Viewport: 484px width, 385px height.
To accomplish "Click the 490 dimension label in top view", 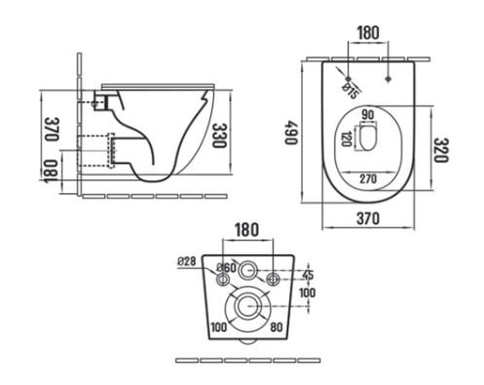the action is coord(290,133).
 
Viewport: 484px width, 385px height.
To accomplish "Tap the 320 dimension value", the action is coord(441,150).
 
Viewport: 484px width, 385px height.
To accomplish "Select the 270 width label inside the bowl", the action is coord(368,178).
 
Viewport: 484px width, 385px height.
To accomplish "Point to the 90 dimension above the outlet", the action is coord(368,115).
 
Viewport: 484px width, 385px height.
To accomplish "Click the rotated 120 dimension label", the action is coord(346,139).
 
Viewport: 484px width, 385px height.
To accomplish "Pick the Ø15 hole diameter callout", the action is coord(351,92).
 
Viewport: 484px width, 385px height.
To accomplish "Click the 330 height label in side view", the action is coord(218,135).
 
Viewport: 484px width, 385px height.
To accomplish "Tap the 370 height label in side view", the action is coord(51,129).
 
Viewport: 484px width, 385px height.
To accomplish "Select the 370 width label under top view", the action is coord(368,218).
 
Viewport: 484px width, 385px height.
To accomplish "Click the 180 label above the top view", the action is coord(368,33).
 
